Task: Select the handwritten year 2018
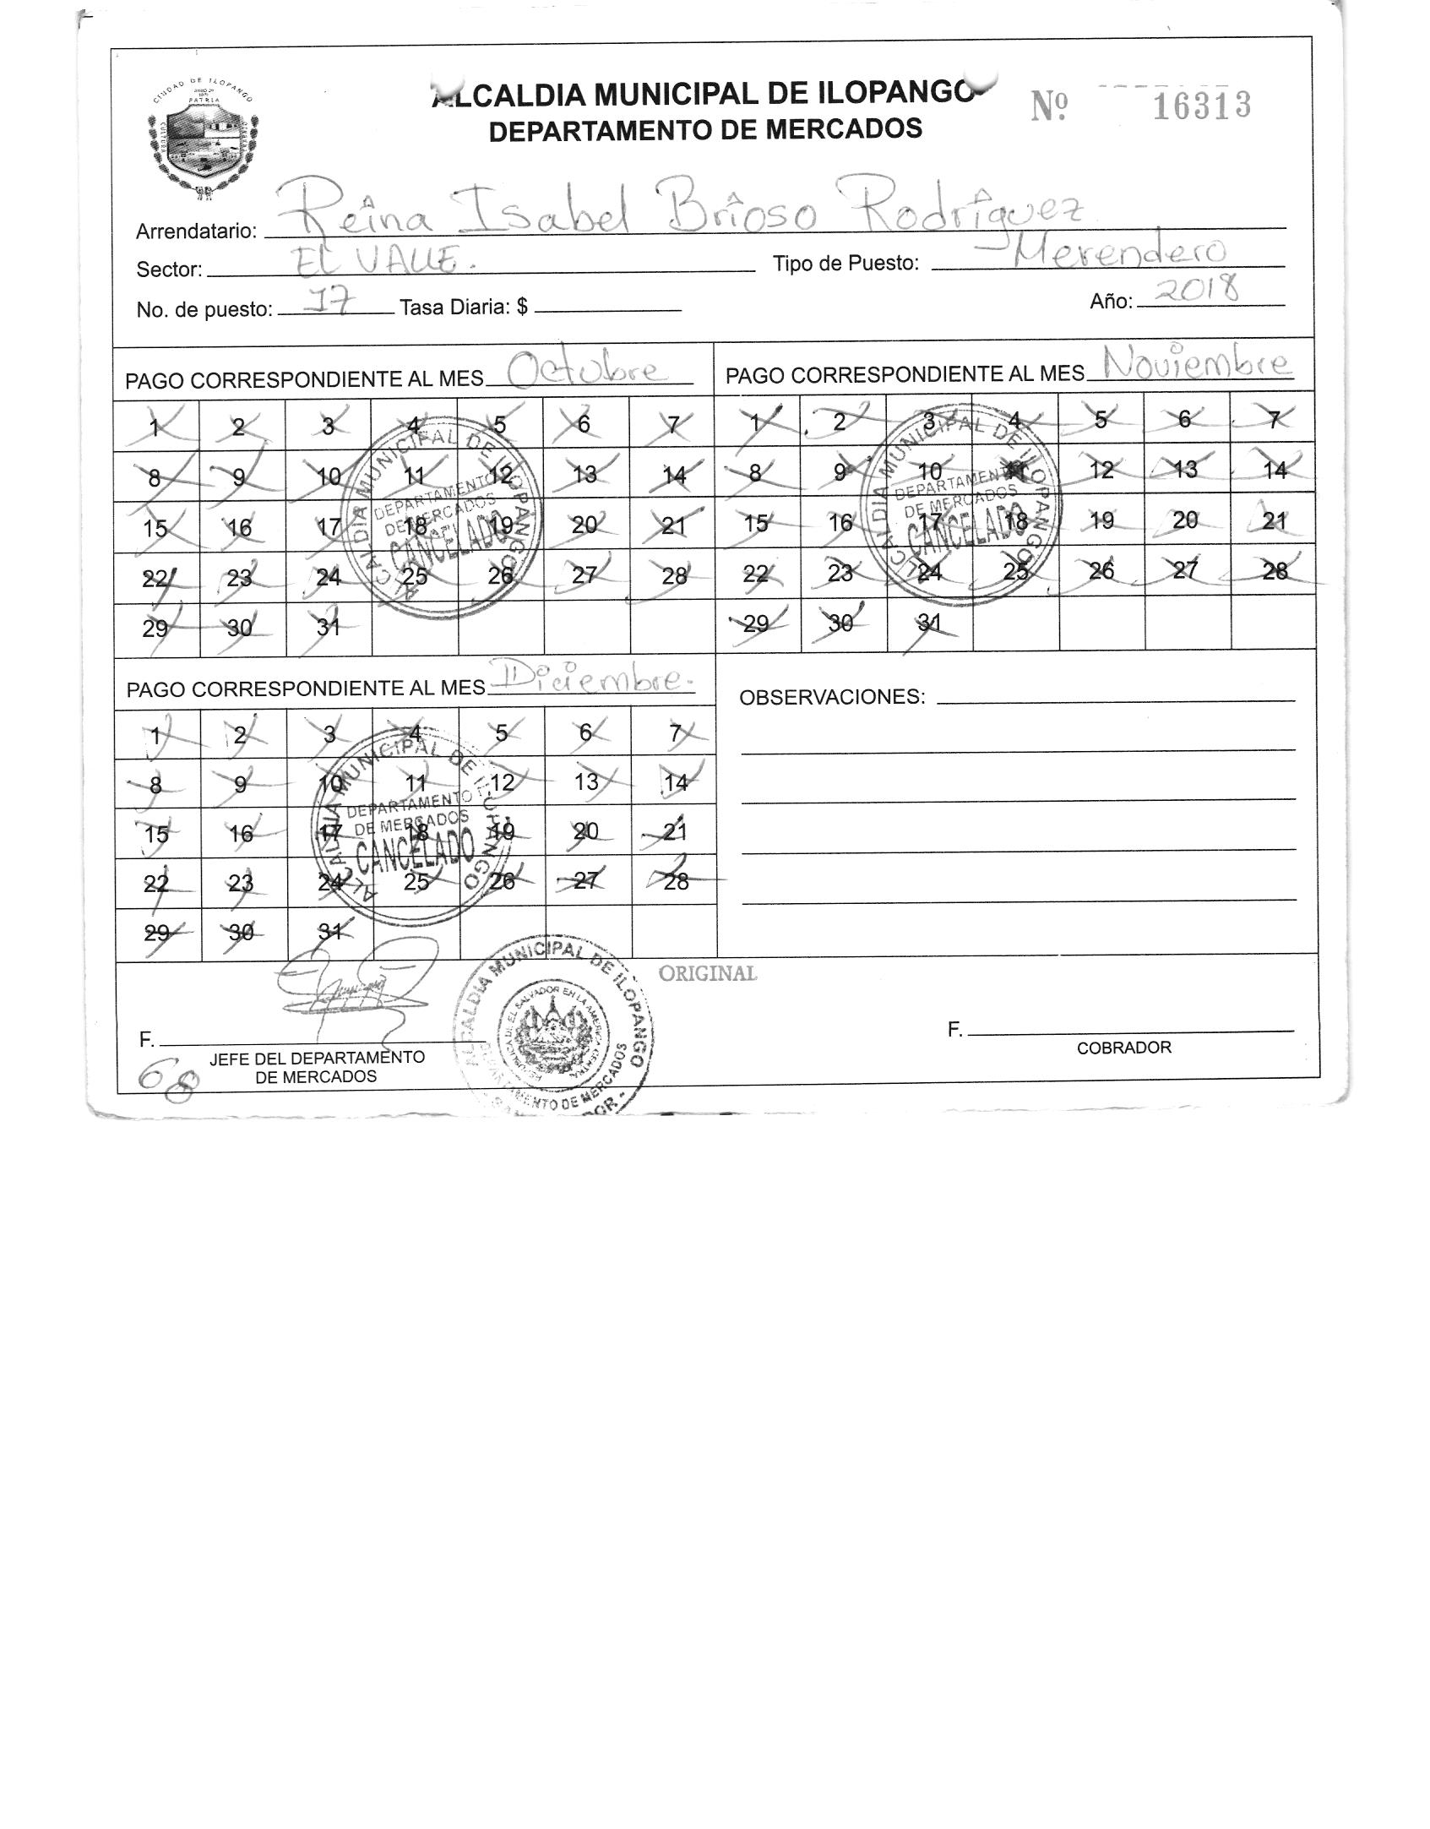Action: tap(1199, 291)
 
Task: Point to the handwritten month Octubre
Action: tap(585, 371)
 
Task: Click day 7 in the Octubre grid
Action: tap(672, 424)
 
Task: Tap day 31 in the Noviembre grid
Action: tap(928, 623)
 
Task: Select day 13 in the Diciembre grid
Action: tap(586, 782)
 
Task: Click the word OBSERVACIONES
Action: tap(832, 697)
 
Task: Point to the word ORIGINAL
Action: tap(708, 973)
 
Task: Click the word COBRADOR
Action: tap(1123, 1048)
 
